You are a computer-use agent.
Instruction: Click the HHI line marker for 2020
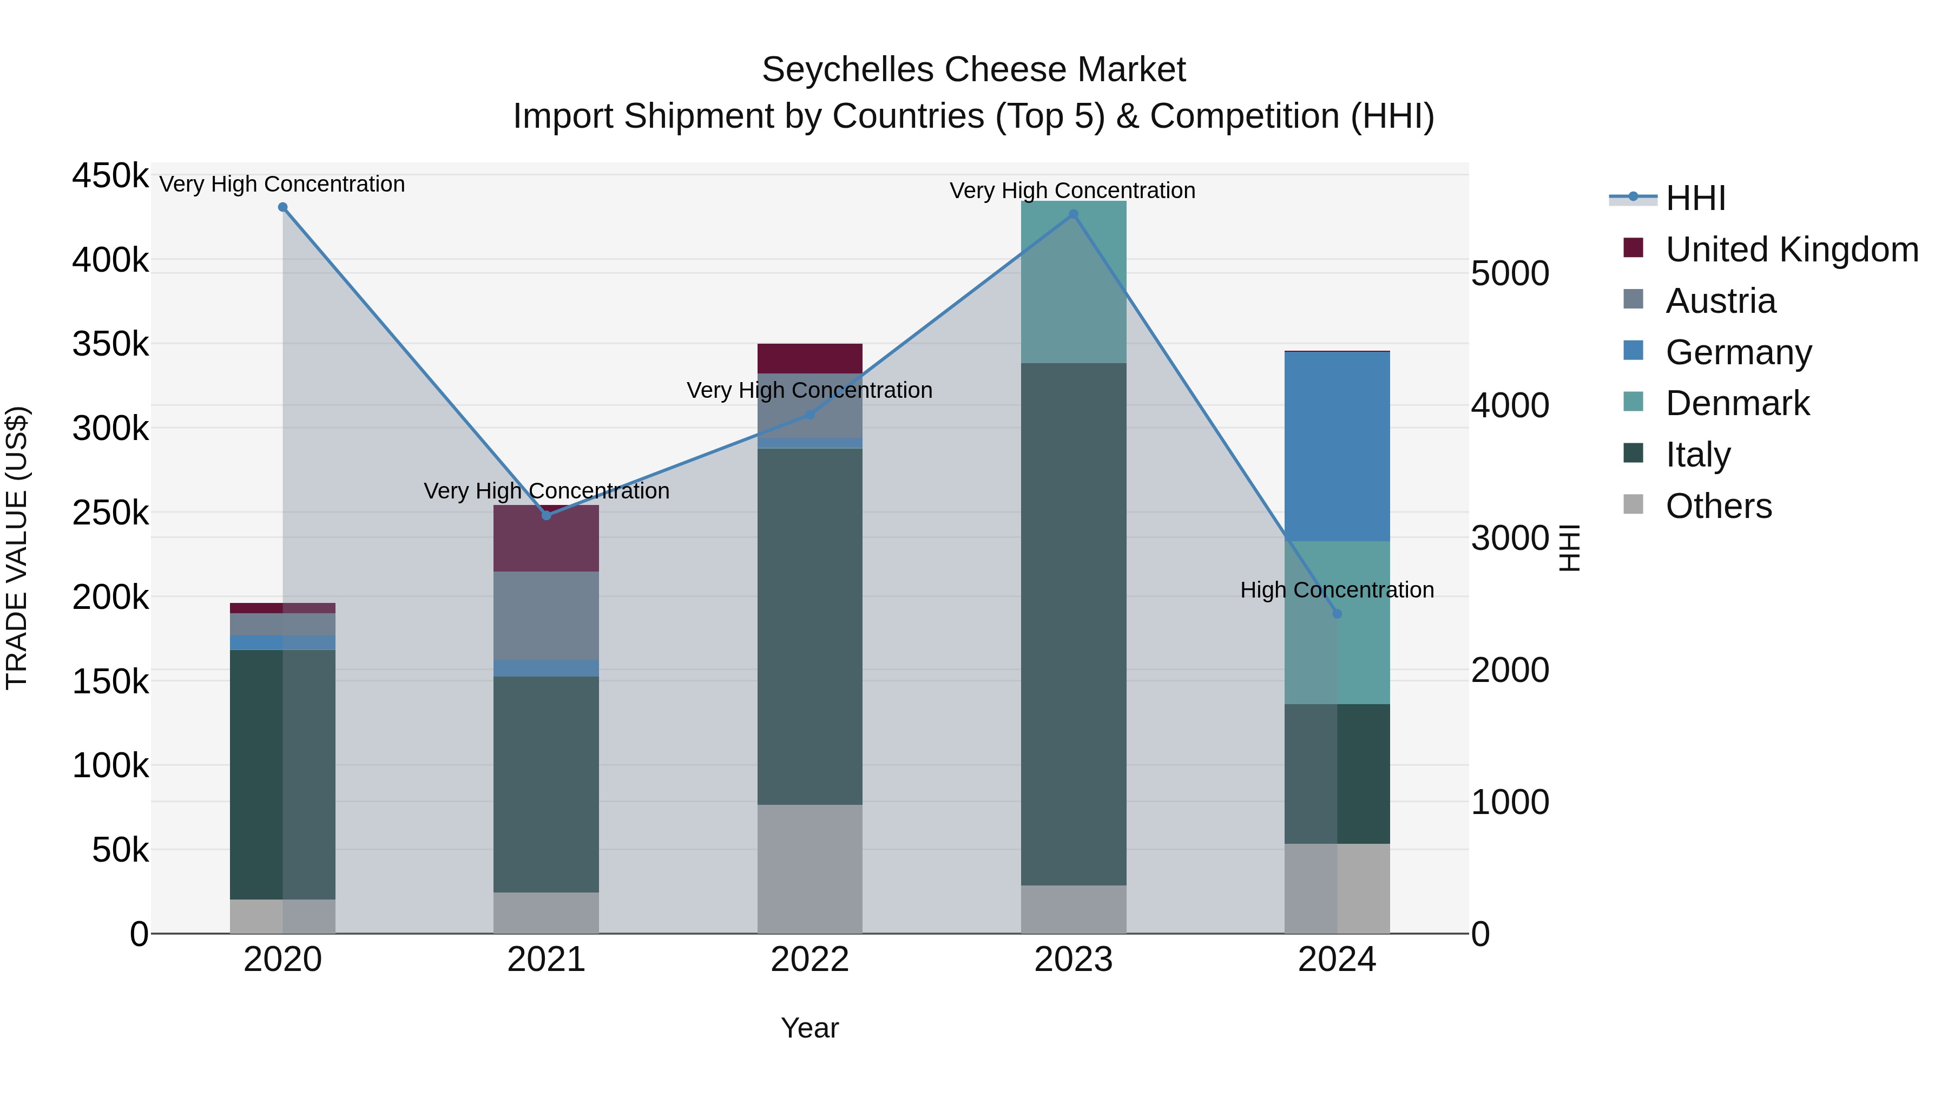coord(283,207)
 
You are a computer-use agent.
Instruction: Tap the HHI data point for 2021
coord(547,515)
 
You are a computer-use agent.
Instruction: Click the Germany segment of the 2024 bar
coord(1337,447)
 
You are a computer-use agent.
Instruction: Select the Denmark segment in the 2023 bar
coord(1073,281)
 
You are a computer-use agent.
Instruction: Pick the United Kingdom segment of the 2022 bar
coord(810,358)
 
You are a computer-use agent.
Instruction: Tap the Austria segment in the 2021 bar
coord(547,615)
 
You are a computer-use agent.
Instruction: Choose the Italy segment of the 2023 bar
coord(1073,624)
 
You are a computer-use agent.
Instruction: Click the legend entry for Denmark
coord(1737,403)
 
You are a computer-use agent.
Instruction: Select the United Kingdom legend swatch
coord(1634,248)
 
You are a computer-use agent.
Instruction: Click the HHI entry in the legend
coord(1694,198)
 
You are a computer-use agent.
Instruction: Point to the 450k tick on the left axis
coord(110,176)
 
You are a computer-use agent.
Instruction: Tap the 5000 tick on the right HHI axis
coord(1509,273)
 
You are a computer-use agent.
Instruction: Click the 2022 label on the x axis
coord(810,960)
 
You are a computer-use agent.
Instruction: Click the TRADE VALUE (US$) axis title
coord(17,548)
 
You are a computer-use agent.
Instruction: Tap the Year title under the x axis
coord(810,1028)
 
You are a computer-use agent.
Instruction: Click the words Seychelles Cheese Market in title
coord(973,70)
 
